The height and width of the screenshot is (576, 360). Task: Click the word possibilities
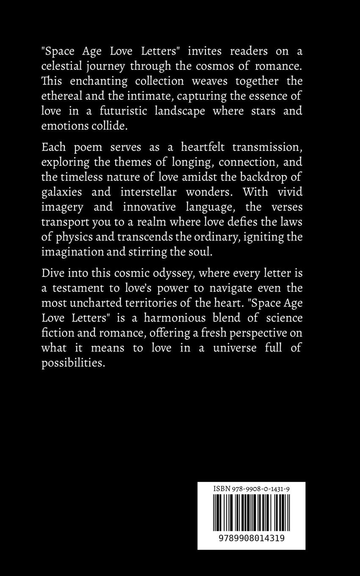tap(72, 362)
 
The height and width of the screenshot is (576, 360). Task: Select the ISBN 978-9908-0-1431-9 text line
tap(251, 488)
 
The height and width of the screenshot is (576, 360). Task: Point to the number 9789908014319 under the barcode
tap(251, 537)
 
